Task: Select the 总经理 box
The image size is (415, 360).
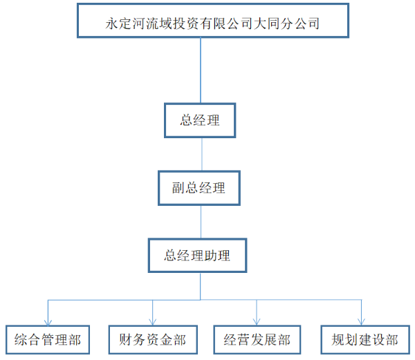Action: coord(200,120)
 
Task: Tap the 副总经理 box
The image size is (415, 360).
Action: coord(199,187)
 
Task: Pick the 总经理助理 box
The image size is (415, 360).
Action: coord(197,256)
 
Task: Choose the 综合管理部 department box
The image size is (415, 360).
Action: coord(47,340)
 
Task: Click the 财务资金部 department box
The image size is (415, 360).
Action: coord(152,340)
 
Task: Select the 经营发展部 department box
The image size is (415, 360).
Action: coord(257,340)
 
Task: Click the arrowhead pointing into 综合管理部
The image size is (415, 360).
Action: coord(47,321)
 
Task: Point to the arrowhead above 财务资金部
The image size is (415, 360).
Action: coord(152,321)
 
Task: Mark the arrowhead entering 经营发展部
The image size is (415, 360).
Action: coord(257,321)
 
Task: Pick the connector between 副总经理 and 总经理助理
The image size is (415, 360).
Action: coord(201,221)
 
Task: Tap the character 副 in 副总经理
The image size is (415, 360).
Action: coord(178,187)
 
